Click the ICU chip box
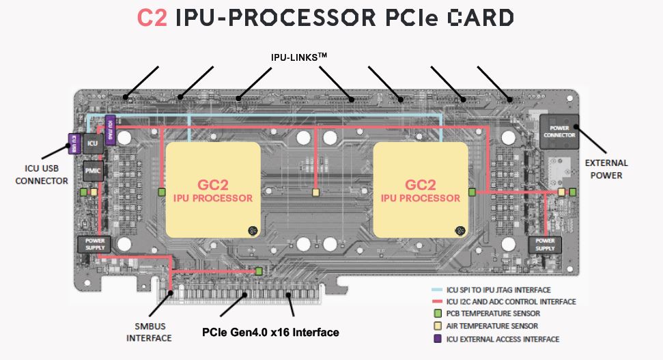[x=94, y=143]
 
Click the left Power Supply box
[x=94, y=244]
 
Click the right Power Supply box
[x=545, y=244]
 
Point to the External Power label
[x=606, y=169]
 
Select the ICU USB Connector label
[x=42, y=175]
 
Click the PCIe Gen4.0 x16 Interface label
[x=270, y=333]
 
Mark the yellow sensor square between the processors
[x=315, y=193]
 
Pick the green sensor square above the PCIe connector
[x=259, y=272]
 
